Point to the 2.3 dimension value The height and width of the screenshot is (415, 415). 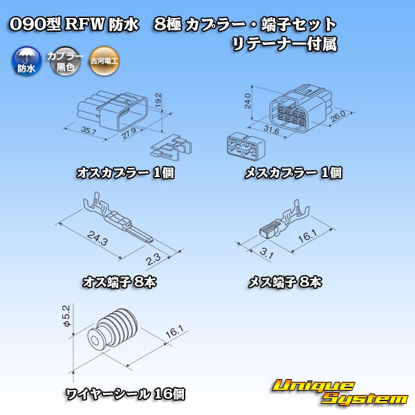pyautogui.click(x=154, y=259)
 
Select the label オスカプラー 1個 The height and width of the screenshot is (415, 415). pyautogui.click(x=125, y=173)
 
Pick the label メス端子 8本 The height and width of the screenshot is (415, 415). pyautogui.click(x=284, y=282)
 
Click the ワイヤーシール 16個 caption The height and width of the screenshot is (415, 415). pyautogui.click(x=124, y=394)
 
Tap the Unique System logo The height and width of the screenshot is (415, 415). pyautogui.click(x=340, y=391)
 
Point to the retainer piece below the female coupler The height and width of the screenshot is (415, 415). pyautogui.click(x=241, y=146)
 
